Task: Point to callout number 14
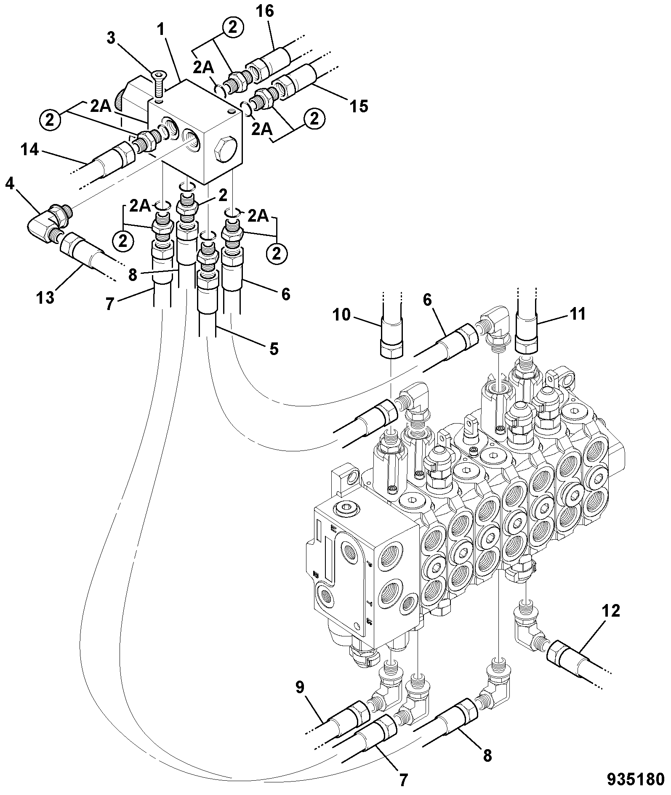pyautogui.click(x=29, y=149)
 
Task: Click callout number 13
pyautogui.click(x=45, y=298)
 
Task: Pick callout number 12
pyautogui.click(x=610, y=611)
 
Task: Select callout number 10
pyautogui.click(x=341, y=314)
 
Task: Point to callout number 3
pyautogui.click(x=111, y=38)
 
